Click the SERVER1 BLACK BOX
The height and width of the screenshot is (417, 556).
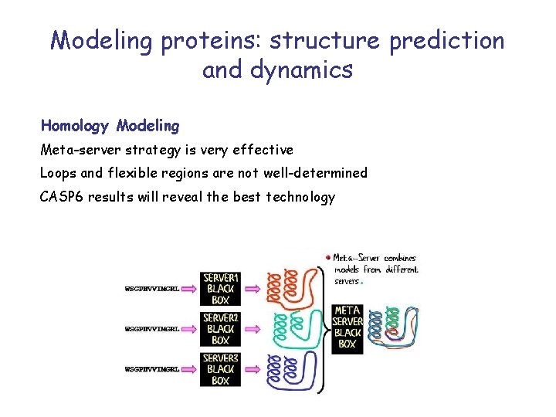pyautogui.click(x=221, y=289)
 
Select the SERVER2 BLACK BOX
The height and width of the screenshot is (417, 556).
pyautogui.click(x=221, y=329)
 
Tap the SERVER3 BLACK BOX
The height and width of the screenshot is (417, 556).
pyautogui.click(x=221, y=369)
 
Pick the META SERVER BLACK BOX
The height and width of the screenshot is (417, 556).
pyautogui.click(x=347, y=327)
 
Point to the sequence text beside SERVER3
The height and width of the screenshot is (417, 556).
pyautogui.click(x=152, y=369)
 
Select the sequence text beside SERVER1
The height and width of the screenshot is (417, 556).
pyautogui.click(x=152, y=289)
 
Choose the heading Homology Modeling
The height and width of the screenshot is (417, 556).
pyautogui.click(x=110, y=125)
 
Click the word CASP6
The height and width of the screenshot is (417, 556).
pyautogui.click(x=62, y=197)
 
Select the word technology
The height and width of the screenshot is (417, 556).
pyautogui.click(x=300, y=197)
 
